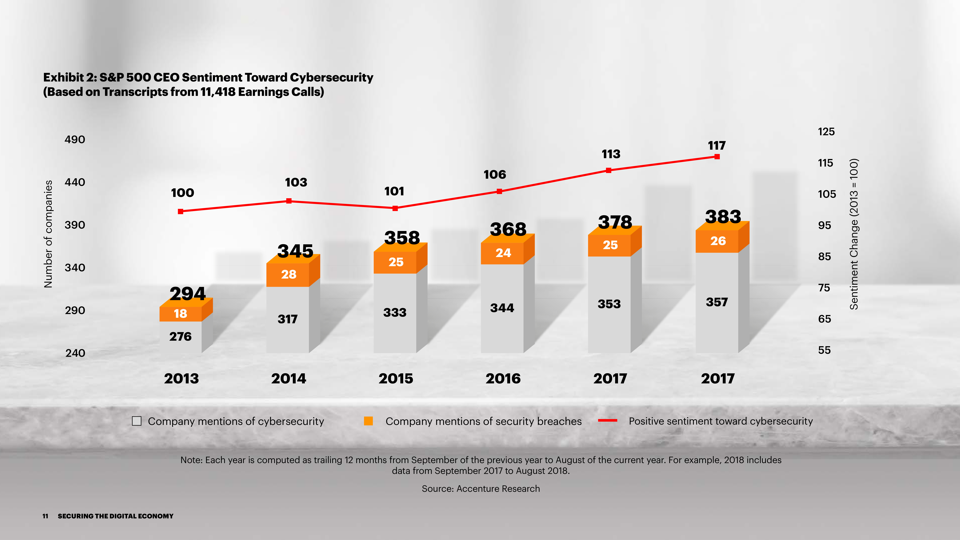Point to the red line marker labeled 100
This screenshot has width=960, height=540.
click(x=181, y=211)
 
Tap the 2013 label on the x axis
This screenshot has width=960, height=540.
click(x=181, y=379)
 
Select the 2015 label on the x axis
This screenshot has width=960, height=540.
click(x=396, y=379)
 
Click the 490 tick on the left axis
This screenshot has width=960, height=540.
click(x=75, y=140)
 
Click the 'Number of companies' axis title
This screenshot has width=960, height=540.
click(x=48, y=234)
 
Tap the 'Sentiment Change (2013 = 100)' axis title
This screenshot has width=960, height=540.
click(x=854, y=234)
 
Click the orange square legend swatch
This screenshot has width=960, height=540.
click(x=368, y=421)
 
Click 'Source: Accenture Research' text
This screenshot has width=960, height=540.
click(x=481, y=489)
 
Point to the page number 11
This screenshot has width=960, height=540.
click(x=45, y=516)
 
